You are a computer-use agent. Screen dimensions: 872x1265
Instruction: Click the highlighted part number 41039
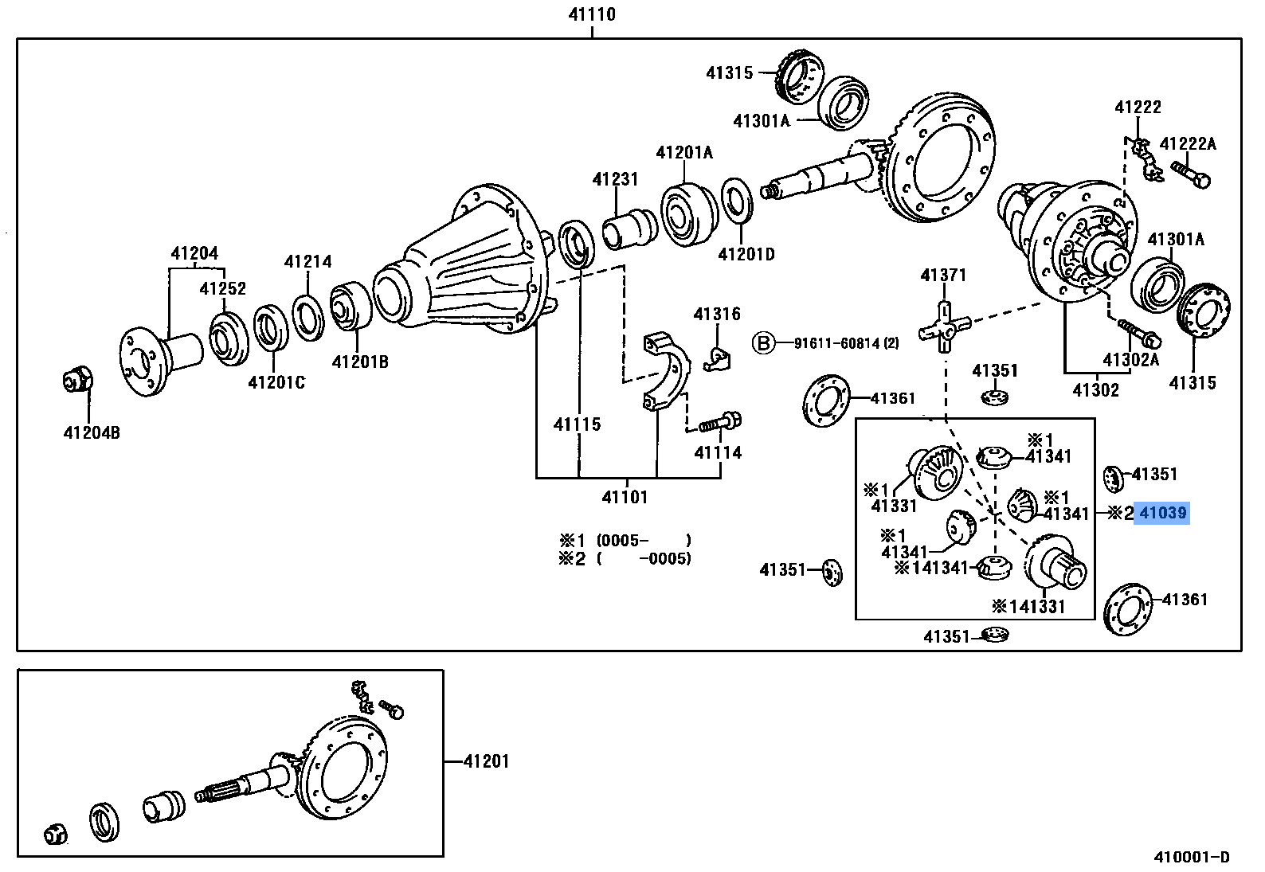click(x=1162, y=514)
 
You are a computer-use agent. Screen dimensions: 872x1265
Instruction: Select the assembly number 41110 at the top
click(x=591, y=14)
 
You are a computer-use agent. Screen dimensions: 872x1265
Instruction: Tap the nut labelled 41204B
click(x=78, y=380)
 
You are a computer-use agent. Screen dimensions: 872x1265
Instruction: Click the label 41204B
click(x=92, y=433)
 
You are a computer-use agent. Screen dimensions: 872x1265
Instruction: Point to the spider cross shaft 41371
click(x=944, y=327)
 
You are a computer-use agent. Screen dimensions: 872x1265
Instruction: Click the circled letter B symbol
click(x=763, y=343)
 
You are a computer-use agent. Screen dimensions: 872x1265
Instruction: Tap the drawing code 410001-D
click(x=1192, y=857)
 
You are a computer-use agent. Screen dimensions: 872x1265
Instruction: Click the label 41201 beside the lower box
click(x=486, y=761)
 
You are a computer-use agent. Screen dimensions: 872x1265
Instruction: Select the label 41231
click(x=615, y=179)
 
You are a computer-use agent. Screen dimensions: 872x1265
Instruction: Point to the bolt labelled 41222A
click(x=1190, y=174)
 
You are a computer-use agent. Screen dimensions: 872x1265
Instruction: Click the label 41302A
click(x=1130, y=359)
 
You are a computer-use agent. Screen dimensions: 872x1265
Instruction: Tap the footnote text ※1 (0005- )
click(x=626, y=541)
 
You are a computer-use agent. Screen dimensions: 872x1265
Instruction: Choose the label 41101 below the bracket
click(x=625, y=498)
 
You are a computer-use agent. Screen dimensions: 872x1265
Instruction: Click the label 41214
click(x=307, y=261)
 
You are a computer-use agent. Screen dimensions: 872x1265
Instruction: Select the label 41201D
click(x=746, y=255)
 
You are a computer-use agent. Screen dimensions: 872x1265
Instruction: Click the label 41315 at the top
click(x=729, y=73)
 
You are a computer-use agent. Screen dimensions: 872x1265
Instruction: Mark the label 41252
click(x=222, y=288)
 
